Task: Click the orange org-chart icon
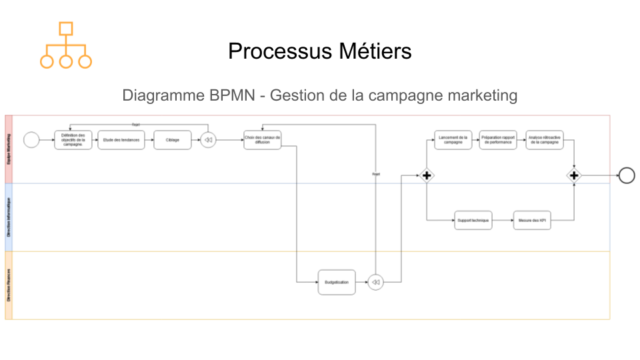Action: pyautogui.click(x=65, y=45)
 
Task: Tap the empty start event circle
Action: pyautogui.click(x=31, y=140)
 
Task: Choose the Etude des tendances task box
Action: pyautogui.click(x=121, y=140)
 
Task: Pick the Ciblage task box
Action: pyautogui.click(x=172, y=140)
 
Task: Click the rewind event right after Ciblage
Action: pyautogui.click(x=208, y=140)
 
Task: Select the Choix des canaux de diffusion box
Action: pyautogui.click(x=263, y=140)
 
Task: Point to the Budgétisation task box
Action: pyautogui.click(x=337, y=282)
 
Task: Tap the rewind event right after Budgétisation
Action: pyautogui.click(x=375, y=282)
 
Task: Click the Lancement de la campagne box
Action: pyautogui.click(x=453, y=140)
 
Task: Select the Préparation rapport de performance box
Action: pyautogui.click(x=498, y=140)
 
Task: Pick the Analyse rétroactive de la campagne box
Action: pyautogui.click(x=544, y=140)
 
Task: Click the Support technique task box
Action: pyautogui.click(x=473, y=221)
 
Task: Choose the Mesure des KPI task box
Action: pyautogui.click(x=532, y=221)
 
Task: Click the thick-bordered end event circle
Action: pyautogui.click(x=627, y=175)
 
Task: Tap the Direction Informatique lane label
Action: pyautogui.click(x=9, y=217)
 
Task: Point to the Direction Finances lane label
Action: pyautogui.click(x=9, y=285)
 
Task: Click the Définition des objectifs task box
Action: pyautogui.click(x=73, y=140)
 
